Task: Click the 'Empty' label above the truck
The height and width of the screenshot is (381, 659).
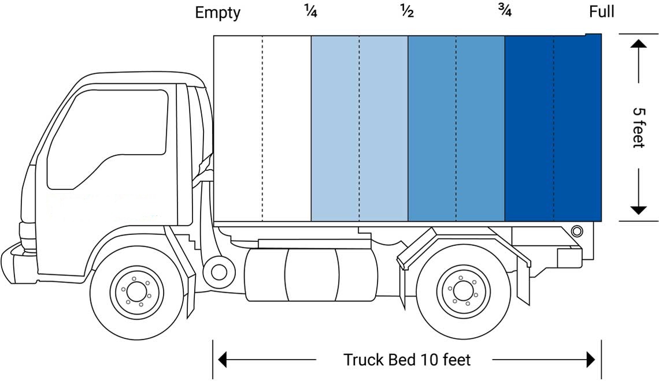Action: tap(217, 13)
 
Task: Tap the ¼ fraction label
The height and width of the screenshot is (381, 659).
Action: tap(310, 11)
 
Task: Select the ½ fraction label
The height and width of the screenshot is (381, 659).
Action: tap(407, 11)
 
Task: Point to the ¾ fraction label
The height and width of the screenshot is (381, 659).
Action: tap(504, 11)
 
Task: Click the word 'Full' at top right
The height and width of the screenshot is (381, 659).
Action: tap(601, 12)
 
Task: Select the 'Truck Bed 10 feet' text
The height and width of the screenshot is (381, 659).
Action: tap(407, 360)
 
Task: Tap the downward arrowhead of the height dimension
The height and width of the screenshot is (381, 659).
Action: tap(638, 209)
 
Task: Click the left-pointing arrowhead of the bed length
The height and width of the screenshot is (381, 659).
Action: tap(221, 360)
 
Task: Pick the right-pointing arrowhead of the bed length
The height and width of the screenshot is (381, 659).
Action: tap(591, 360)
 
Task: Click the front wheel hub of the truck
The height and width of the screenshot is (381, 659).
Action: tap(138, 288)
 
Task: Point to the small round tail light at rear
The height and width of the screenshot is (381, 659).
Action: tap(576, 231)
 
